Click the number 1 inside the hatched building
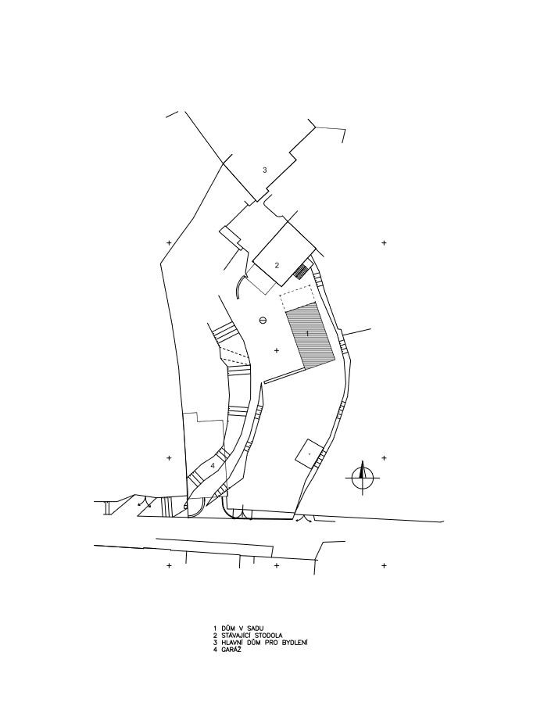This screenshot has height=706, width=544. (x=307, y=334)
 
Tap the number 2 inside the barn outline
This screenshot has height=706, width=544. (x=277, y=265)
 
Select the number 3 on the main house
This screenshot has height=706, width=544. (x=265, y=170)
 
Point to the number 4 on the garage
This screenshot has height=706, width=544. (x=213, y=464)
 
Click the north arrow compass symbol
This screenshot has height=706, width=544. (x=363, y=478)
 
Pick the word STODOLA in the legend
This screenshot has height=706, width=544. (x=267, y=636)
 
